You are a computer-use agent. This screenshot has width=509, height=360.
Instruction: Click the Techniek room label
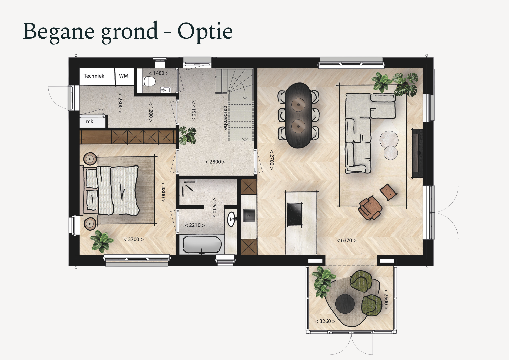(94, 76)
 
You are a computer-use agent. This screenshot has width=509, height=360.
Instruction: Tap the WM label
(123, 76)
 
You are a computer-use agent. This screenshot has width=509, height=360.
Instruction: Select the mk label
(89, 122)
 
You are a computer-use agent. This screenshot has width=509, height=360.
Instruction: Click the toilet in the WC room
(149, 82)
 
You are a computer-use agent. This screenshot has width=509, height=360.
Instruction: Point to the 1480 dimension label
(159, 73)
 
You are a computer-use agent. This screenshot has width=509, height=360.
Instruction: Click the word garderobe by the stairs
(225, 118)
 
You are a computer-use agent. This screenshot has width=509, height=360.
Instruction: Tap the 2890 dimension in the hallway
(215, 162)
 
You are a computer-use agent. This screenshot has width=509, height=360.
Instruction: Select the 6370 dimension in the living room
(346, 240)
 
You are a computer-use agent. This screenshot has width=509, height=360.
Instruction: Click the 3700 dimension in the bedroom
(134, 239)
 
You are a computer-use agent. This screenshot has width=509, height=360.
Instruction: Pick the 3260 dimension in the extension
(325, 321)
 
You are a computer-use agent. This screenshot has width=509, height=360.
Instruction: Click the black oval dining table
(298, 115)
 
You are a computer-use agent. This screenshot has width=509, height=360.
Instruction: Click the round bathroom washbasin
(231, 219)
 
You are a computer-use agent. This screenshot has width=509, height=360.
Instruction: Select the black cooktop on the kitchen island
(295, 214)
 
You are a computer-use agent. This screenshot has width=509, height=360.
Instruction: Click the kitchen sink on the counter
(249, 215)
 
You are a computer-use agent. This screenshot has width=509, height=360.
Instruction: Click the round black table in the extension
(345, 304)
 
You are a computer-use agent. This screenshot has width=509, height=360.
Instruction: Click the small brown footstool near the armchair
(388, 192)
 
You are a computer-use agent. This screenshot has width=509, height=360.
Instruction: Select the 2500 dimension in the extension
(386, 299)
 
